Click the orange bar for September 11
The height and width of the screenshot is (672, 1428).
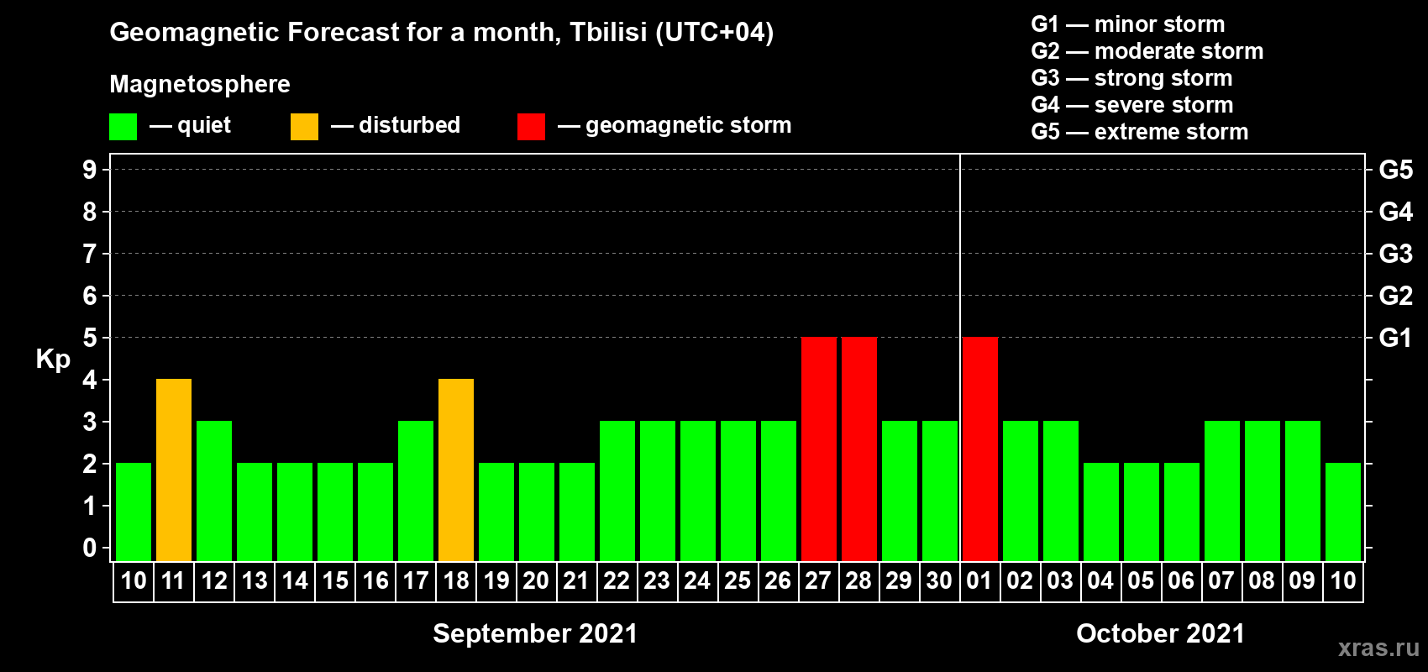(174, 470)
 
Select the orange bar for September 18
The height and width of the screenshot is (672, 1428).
(456, 470)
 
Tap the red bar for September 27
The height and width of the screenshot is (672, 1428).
(819, 449)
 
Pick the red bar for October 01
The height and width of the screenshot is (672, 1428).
(980, 449)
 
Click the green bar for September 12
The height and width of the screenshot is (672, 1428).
(214, 491)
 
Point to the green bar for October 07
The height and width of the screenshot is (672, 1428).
(1222, 491)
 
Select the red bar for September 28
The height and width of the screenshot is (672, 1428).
(859, 449)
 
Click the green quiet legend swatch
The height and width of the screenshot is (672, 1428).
(123, 127)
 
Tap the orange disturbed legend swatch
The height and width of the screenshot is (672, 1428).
(304, 127)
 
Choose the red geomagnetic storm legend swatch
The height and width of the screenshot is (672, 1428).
(532, 127)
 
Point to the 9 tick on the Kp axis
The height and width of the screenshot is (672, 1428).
(89, 171)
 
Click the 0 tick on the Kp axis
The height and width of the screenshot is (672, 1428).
(89, 548)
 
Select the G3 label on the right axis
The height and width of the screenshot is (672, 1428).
(1396, 254)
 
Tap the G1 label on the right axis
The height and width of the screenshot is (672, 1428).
(1396, 338)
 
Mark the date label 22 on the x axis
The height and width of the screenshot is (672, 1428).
(617, 580)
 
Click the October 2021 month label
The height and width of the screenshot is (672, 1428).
(1160, 633)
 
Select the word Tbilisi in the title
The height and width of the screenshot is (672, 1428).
(608, 32)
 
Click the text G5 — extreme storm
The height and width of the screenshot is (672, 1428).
(1140, 132)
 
